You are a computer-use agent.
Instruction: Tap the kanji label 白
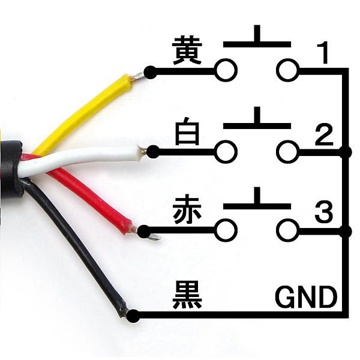click(x=187, y=133)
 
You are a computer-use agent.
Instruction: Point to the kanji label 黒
click(x=187, y=295)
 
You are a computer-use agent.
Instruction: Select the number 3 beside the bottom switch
click(x=323, y=214)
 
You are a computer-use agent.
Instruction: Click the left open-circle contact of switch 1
click(x=226, y=71)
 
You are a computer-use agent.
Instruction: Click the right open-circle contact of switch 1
click(x=287, y=71)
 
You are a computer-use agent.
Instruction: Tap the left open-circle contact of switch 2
click(x=226, y=152)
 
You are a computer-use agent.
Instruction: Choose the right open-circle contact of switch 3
click(x=287, y=230)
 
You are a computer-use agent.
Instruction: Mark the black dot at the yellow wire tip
click(x=150, y=73)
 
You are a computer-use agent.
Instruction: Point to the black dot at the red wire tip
click(x=144, y=230)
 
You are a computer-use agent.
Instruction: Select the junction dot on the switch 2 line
click(x=345, y=152)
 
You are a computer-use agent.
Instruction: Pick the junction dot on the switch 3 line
click(x=345, y=230)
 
